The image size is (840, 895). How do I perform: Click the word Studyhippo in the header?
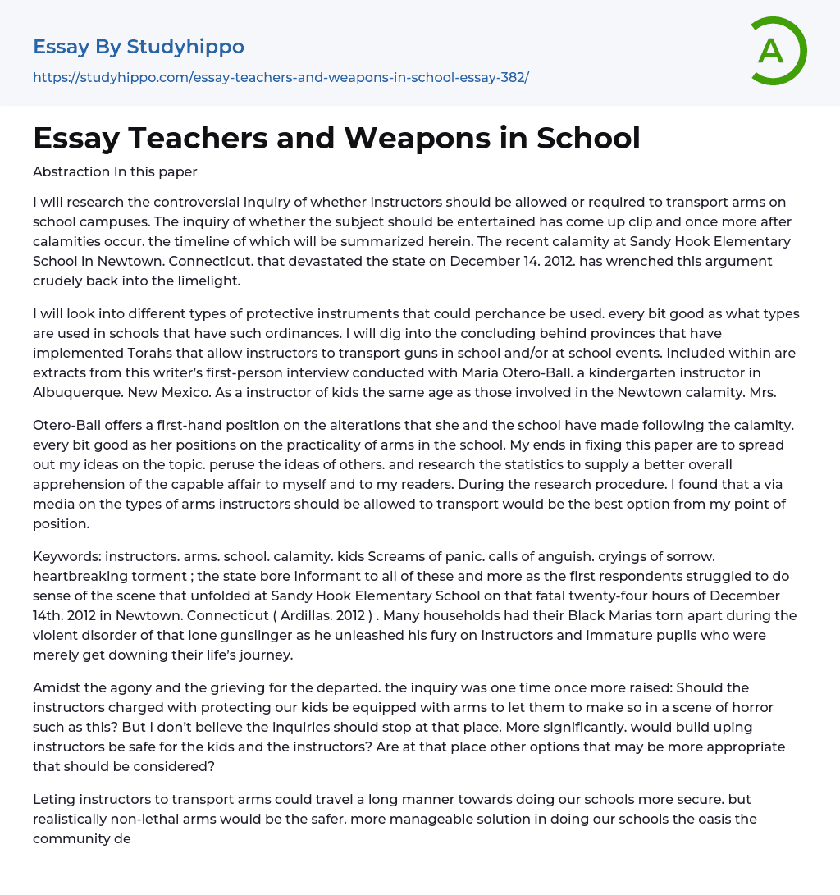pos(185,47)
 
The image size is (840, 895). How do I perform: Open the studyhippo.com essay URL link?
pos(281,77)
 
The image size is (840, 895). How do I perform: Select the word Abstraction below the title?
pos(71,172)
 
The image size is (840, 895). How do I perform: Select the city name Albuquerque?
pos(71,392)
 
